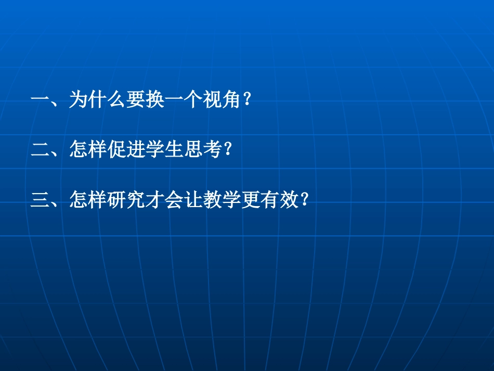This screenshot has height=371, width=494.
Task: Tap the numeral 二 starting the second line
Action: [x=40, y=150]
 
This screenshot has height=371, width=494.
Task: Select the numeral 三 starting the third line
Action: [x=40, y=200]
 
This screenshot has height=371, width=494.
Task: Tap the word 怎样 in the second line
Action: [x=88, y=150]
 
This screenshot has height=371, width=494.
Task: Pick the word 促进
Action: [x=126, y=150]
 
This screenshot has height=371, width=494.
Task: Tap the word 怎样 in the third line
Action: [x=88, y=200]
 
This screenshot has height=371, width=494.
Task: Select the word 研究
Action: [x=126, y=200]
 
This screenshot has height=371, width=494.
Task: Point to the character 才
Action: [x=156, y=200]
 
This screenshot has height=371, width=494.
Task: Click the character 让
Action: [x=194, y=200]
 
